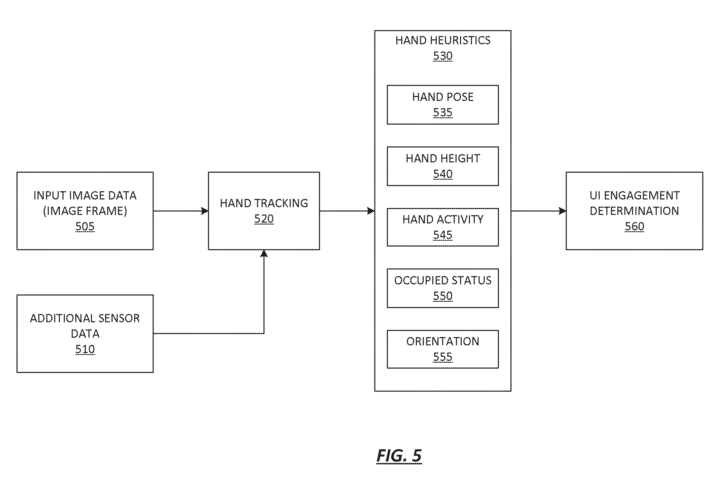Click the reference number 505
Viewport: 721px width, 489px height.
click(85, 226)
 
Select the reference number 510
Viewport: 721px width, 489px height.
click(85, 349)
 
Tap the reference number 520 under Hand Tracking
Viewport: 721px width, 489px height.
click(264, 219)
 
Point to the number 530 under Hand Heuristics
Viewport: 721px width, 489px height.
click(443, 56)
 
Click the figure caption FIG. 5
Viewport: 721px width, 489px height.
click(399, 456)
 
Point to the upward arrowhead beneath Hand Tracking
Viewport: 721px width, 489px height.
click(264, 254)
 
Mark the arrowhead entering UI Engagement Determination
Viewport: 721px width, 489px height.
click(562, 211)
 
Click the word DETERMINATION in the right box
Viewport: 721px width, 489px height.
click(634, 211)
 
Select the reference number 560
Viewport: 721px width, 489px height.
click(634, 226)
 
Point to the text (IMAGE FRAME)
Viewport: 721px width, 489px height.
click(85, 211)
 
